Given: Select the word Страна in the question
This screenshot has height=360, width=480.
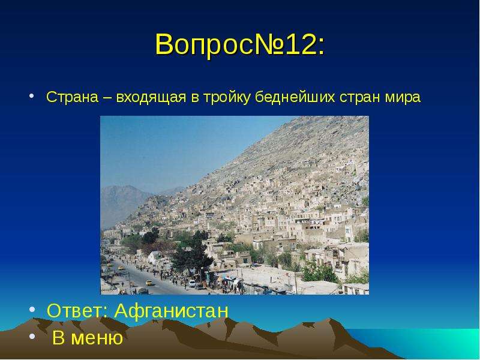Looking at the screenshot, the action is pos(72,97).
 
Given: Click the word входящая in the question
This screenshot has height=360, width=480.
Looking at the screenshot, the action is pos(151,98).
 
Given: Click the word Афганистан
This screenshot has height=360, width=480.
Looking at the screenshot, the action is pos(172,311).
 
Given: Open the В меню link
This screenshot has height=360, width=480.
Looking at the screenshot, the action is pos(88,337).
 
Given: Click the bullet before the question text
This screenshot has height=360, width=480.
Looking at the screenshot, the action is pos(32,96).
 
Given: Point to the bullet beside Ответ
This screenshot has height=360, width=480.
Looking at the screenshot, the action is pos(32,309).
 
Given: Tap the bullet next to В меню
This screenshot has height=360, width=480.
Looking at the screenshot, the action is pos(32,336).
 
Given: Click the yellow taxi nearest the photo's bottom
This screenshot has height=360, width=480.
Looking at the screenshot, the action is pos(149,283).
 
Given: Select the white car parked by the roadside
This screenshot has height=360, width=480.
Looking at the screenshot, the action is pos(192,283).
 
